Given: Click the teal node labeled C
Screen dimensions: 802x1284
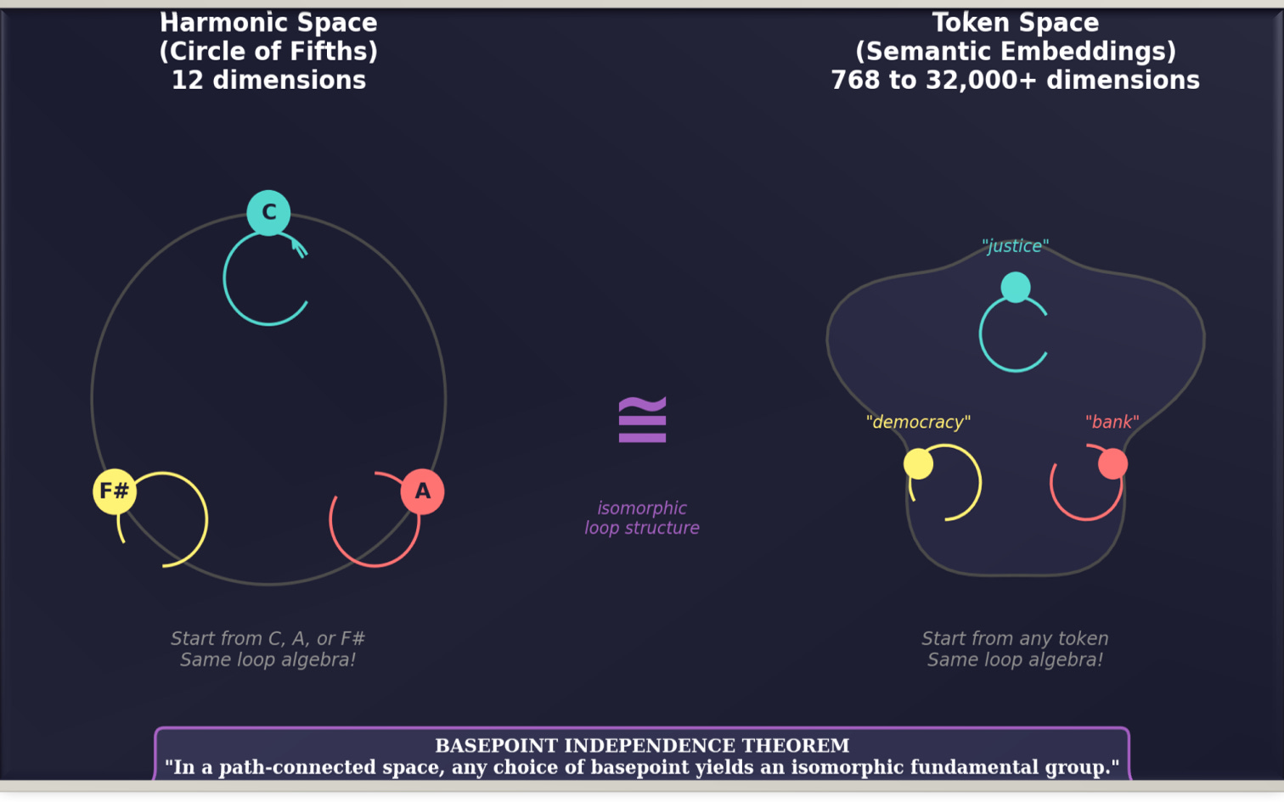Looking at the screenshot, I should (x=268, y=212).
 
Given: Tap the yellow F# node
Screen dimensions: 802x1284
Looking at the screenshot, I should (x=115, y=491).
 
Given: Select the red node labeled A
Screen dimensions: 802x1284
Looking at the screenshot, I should (x=422, y=491).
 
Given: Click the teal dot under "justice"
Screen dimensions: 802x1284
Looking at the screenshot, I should (x=1016, y=287).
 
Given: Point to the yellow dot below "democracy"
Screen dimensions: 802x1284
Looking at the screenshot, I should (x=918, y=464).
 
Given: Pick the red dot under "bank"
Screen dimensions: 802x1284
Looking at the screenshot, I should (x=1112, y=464).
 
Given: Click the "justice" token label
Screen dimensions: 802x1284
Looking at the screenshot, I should (x=1015, y=246).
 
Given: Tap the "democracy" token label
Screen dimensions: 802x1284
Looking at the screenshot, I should (x=918, y=422).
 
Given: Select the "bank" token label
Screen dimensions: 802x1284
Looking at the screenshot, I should (x=1112, y=422).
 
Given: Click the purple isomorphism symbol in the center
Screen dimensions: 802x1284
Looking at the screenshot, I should (x=642, y=419).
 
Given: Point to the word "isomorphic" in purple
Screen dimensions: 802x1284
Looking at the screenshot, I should (x=642, y=508).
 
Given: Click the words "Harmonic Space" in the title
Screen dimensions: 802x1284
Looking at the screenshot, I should (x=268, y=23).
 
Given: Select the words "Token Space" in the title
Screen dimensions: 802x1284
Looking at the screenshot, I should (x=1015, y=23).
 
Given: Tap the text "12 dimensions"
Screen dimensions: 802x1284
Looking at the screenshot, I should (x=268, y=81).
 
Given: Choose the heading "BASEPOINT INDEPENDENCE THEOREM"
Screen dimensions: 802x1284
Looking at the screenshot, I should (x=642, y=746).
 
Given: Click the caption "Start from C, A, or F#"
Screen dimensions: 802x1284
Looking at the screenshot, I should (x=267, y=639).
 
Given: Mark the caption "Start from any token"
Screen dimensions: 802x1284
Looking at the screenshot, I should (x=1015, y=639).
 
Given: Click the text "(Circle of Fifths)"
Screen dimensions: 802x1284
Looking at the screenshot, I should (x=268, y=52).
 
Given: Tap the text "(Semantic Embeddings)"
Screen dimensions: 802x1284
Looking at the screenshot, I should (x=1015, y=52).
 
